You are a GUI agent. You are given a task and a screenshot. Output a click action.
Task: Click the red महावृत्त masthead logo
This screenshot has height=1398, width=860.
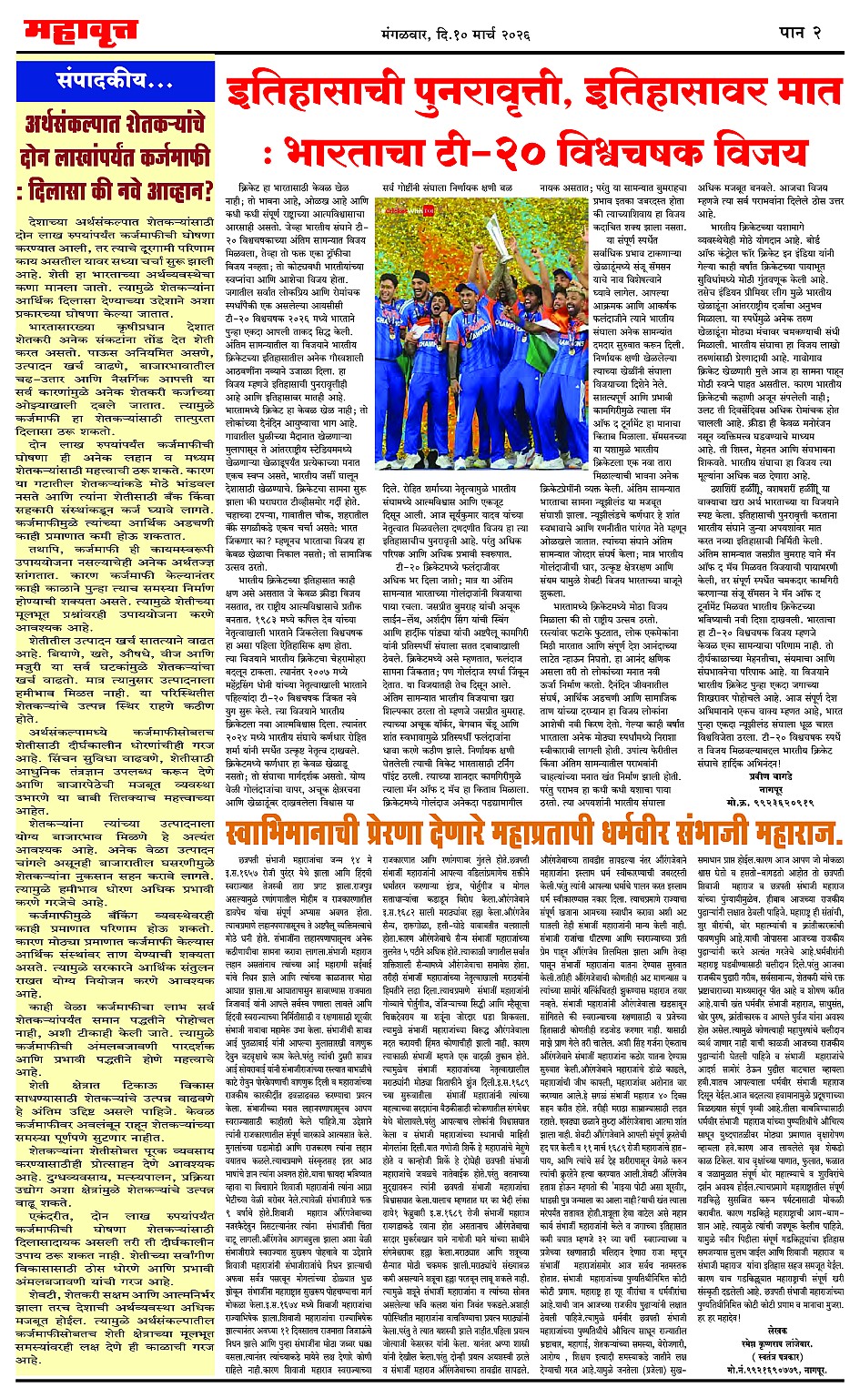point(81,34)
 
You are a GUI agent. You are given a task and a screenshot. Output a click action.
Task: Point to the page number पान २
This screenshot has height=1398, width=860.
point(801,33)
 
